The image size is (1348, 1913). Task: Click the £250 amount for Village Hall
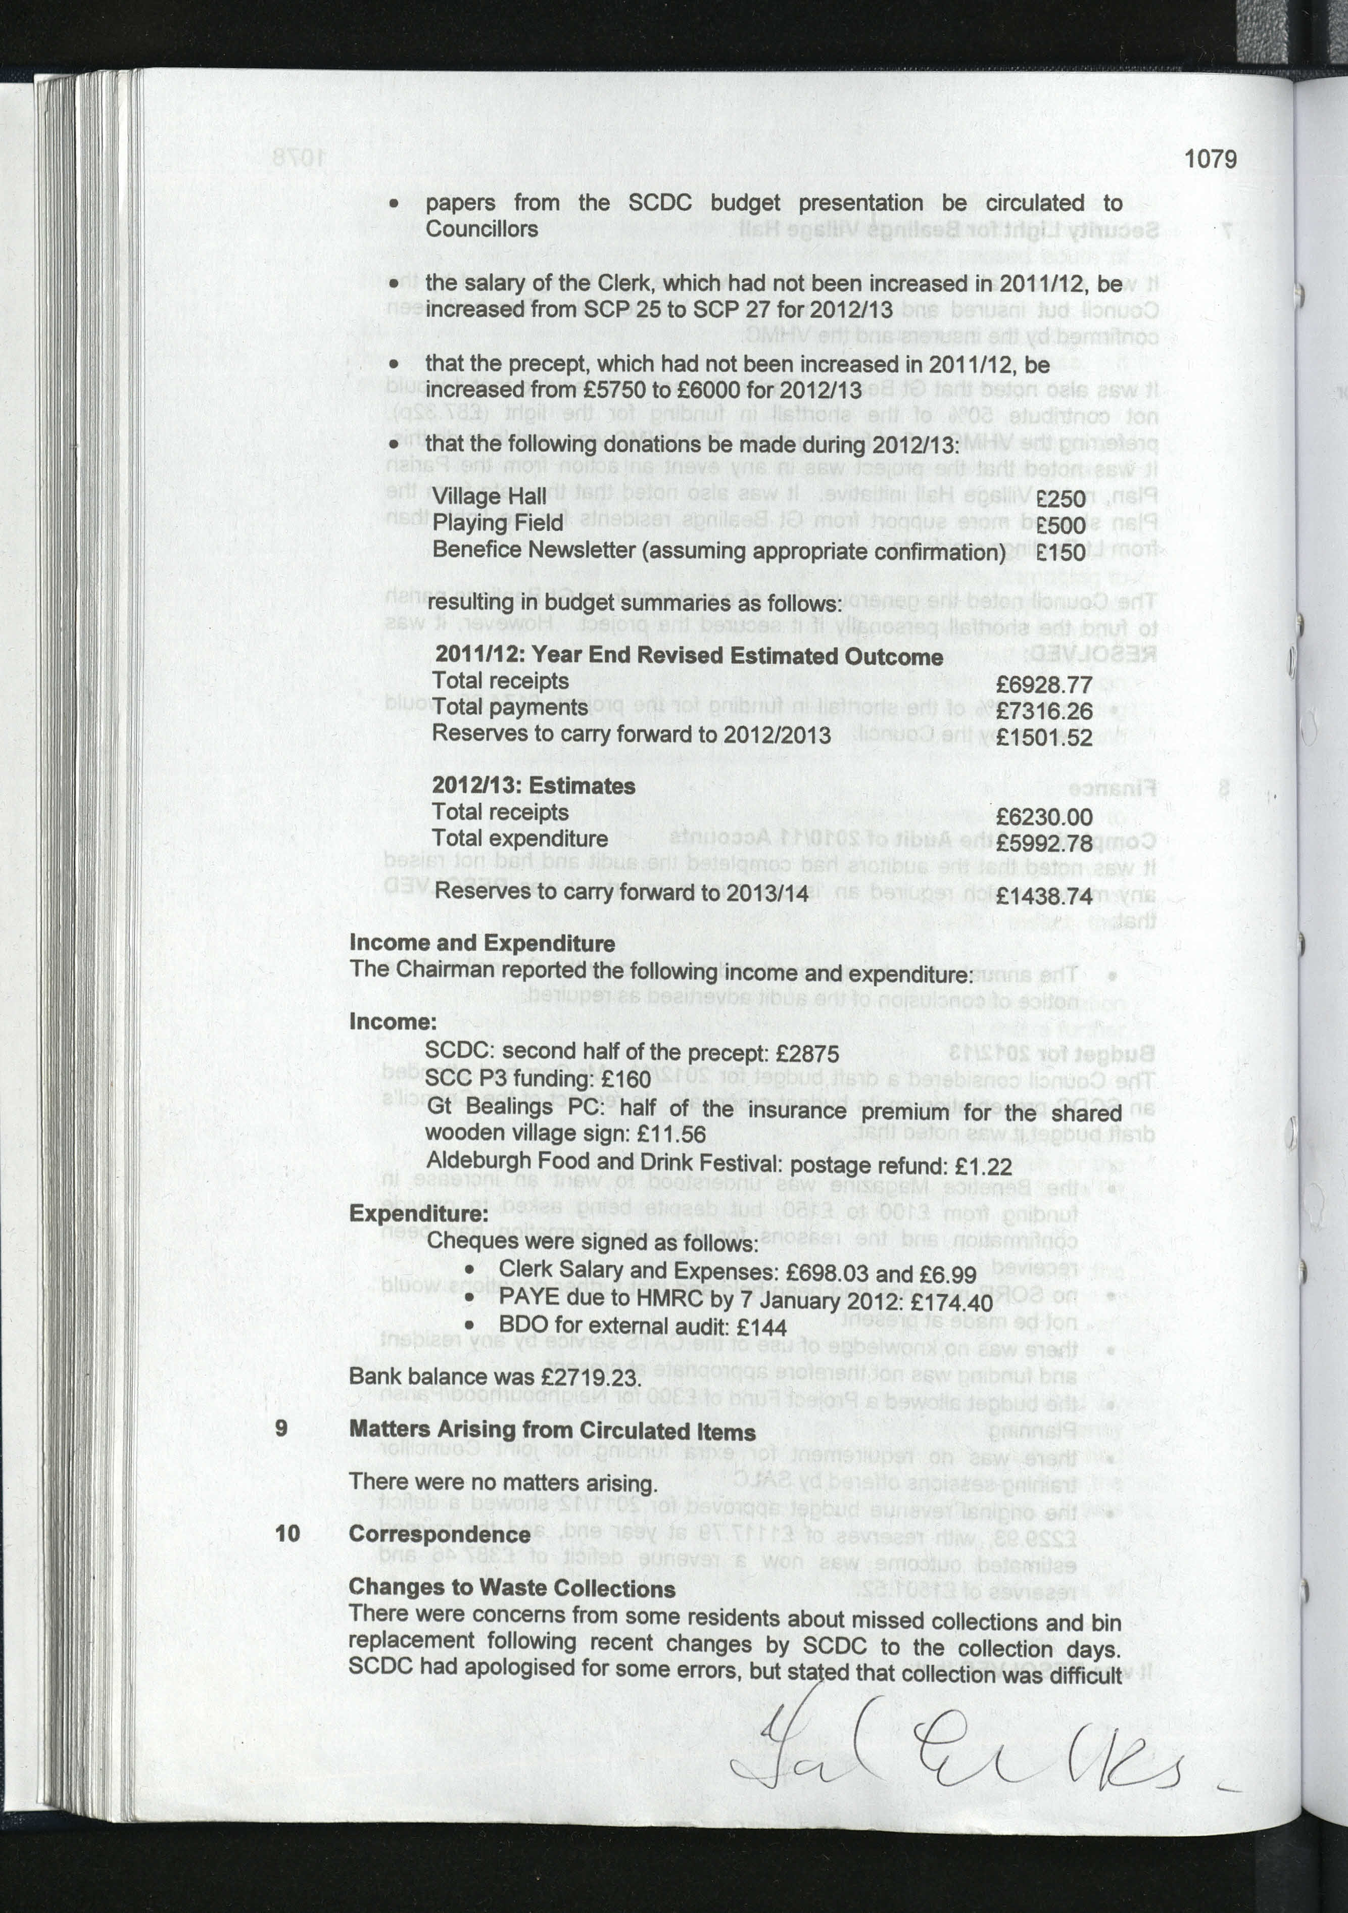[1061, 499]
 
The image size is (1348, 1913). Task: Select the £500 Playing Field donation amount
[1061, 526]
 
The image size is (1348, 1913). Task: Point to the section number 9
[281, 1428]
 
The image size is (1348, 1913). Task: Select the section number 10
[287, 1533]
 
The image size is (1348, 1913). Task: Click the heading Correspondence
[439, 1534]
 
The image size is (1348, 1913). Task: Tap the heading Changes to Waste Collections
[511, 1588]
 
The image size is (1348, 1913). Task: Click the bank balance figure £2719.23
[590, 1377]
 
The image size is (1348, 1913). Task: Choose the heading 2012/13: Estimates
[533, 786]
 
